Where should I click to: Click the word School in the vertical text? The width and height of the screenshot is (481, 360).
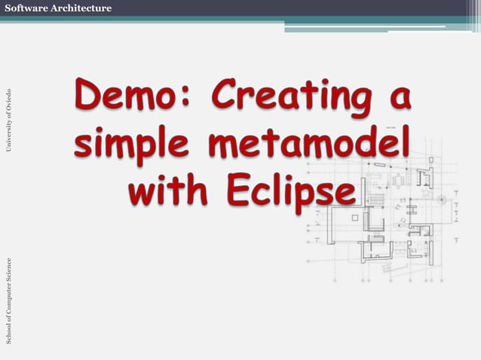click(8, 332)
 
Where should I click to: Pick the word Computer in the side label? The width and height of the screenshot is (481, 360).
click(8, 298)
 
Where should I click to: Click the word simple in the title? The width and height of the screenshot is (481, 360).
click(130, 143)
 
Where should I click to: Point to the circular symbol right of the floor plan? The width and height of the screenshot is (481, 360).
click(441, 199)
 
